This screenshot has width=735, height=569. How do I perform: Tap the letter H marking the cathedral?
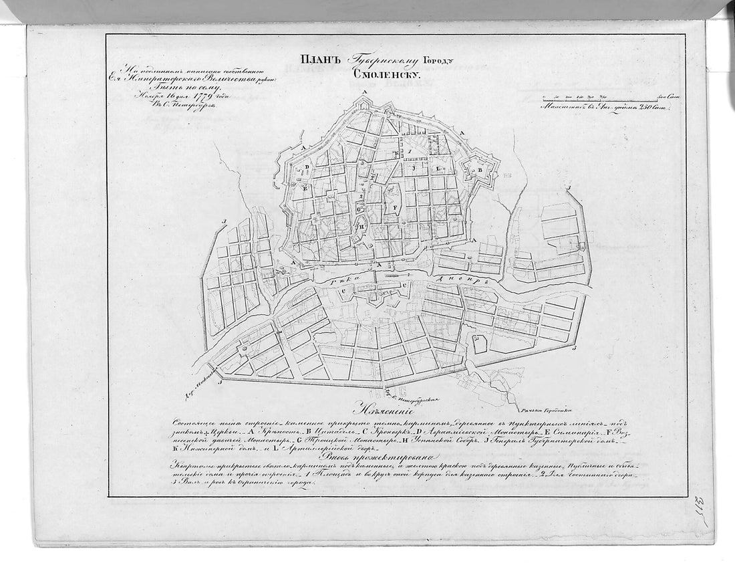point(361,227)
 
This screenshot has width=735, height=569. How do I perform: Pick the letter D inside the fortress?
point(307,166)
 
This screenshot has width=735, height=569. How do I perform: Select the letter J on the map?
point(415,168)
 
